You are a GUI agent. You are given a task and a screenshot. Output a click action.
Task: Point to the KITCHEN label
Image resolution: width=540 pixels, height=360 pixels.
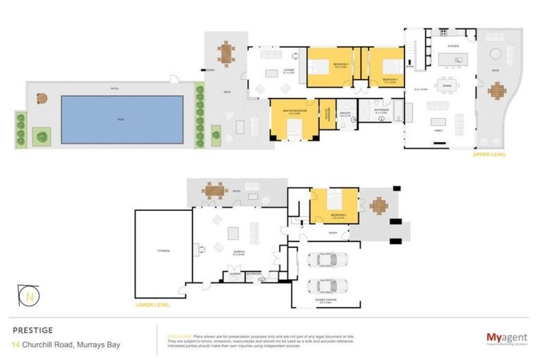pos(454,46)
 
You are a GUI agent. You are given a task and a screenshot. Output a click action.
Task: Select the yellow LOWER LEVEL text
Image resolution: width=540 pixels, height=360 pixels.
pos(153,306)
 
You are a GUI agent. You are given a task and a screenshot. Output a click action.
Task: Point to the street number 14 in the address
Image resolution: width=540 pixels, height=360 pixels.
pos(15,344)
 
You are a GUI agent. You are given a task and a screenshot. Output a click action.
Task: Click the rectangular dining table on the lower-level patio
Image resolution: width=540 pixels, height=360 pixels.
pos(214,189)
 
